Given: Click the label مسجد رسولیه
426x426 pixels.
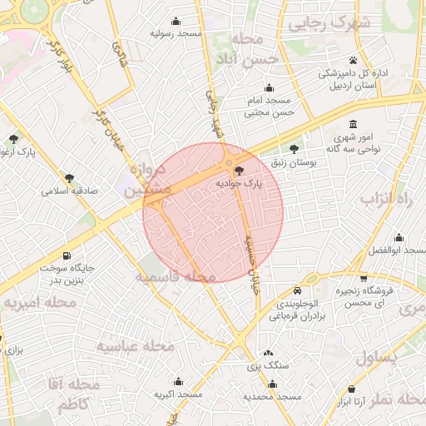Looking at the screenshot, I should coord(176,34).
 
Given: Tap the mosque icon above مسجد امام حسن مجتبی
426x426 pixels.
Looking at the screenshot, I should coord(268,88).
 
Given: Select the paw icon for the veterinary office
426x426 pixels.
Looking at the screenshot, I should coord(354,61).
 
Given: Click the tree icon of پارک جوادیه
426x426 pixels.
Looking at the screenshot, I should coord(240,170).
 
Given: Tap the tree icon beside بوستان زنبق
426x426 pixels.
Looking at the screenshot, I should coord(292,150).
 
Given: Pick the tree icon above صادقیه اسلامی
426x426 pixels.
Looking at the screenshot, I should coord(69,177).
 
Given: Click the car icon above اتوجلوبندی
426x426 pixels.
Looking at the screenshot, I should coord(298,291).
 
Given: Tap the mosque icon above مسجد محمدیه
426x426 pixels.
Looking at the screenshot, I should coord(272,384).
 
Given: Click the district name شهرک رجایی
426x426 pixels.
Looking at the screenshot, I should coord(329,24).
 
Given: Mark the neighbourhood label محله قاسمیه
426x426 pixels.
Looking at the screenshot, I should coord(176,275).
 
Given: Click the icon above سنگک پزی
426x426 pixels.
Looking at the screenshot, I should coord(268,353).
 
